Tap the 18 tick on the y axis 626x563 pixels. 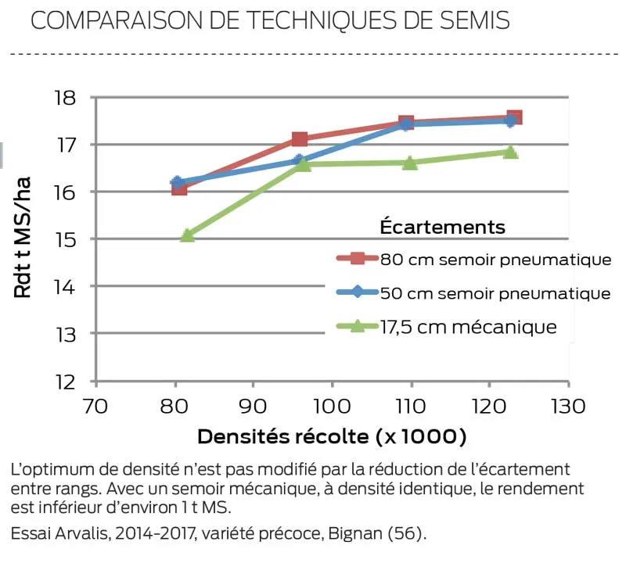[67, 98]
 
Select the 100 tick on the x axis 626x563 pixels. [332, 407]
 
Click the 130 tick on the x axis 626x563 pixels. [568, 407]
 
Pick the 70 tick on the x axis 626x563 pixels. [95, 407]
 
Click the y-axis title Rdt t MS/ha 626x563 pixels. [23, 239]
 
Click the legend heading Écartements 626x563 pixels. [442, 227]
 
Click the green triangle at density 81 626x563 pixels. [188, 235]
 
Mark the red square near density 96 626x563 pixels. [300, 139]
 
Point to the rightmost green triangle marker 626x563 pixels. [510, 152]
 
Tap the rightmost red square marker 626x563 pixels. [514, 117]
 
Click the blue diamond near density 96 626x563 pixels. [298, 160]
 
